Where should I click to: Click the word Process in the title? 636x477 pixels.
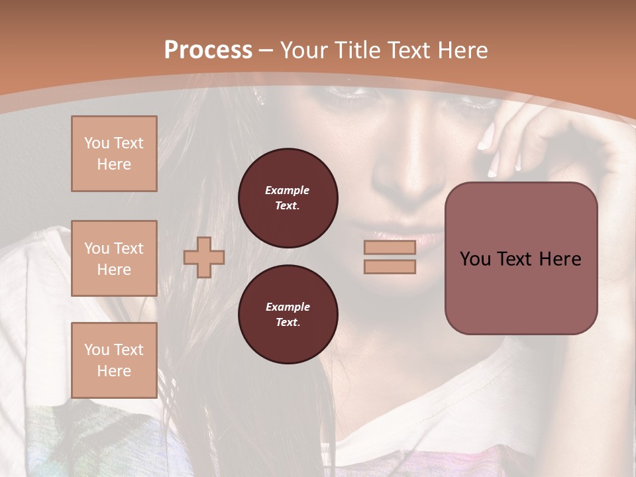click(x=208, y=50)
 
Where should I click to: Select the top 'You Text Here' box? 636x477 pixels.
click(x=114, y=154)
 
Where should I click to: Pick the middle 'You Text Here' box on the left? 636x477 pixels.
click(x=114, y=258)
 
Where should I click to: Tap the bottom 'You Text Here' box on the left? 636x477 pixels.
click(x=114, y=360)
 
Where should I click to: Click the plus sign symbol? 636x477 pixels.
click(x=203, y=257)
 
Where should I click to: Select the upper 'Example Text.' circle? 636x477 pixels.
click(x=288, y=197)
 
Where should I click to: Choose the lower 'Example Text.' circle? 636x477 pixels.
click(x=288, y=314)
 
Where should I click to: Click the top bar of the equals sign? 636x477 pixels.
click(x=390, y=247)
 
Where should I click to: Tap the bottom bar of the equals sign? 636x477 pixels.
click(x=390, y=266)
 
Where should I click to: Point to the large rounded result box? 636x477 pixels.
click(x=521, y=258)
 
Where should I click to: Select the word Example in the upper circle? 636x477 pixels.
click(x=288, y=190)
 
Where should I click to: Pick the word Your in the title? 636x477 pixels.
click(x=302, y=50)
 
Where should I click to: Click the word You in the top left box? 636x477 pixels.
click(x=96, y=143)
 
